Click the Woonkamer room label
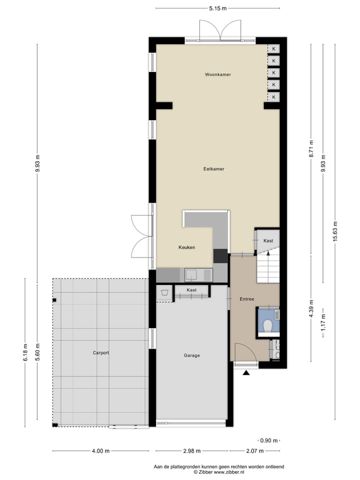(x=217, y=74)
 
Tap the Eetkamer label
(x=213, y=169)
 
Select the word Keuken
(x=186, y=247)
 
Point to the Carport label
(x=100, y=352)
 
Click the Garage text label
(x=191, y=355)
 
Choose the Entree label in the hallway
(x=246, y=299)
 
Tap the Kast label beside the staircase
(x=268, y=241)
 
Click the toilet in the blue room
(x=268, y=325)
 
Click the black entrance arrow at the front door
(x=246, y=372)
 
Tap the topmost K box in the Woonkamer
(x=273, y=48)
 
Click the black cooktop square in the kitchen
(x=220, y=255)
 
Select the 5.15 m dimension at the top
(x=217, y=8)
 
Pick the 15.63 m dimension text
(x=335, y=231)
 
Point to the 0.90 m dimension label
(x=268, y=440)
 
